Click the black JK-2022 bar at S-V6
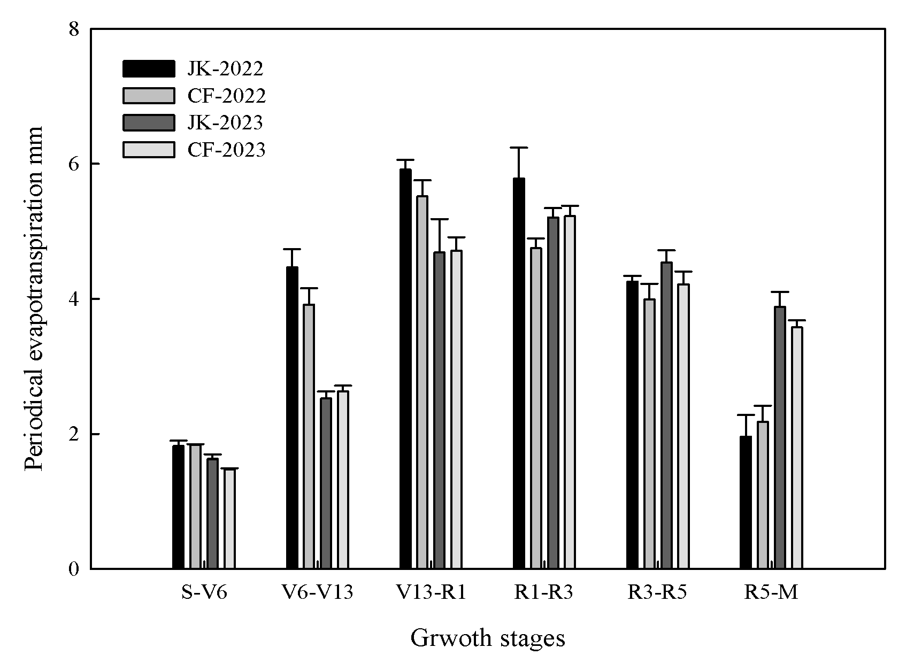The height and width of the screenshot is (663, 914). (178, 507)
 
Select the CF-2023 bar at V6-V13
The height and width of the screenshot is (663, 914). (343, 480)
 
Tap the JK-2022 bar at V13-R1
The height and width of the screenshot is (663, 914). (405, 369)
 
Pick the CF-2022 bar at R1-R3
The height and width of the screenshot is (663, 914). (536, 408)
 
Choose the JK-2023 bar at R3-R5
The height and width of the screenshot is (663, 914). (666, 415)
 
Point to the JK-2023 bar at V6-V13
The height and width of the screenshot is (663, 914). (326, 483)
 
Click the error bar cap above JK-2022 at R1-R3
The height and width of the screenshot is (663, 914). (519, 148)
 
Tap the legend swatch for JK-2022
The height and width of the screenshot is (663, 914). (149, 69)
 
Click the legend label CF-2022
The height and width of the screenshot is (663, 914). (226, 96)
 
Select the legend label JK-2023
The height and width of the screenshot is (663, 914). (225, 122)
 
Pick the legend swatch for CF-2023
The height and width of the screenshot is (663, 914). (149, 150)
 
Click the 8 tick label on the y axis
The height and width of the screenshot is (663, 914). (73, 29)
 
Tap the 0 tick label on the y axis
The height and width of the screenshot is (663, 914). (73, 569)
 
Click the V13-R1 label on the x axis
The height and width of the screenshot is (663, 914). (432, 592)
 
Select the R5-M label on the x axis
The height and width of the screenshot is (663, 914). (771, 592)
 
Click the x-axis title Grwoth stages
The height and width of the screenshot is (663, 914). (487, 638)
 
